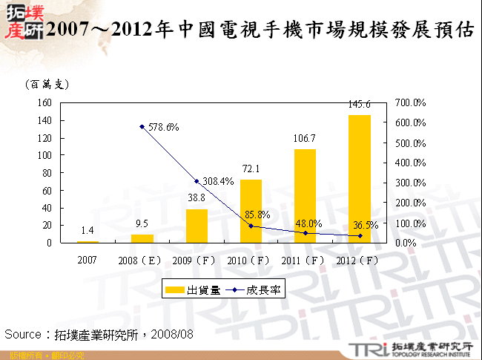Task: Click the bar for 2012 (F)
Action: [360, 179]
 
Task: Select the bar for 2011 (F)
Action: [305, 196]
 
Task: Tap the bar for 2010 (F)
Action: [251, 211]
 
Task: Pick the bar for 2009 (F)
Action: [197, 226]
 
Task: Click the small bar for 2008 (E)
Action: [142, 238]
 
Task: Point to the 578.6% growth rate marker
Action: [142, 127]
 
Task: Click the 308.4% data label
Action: [219, 181]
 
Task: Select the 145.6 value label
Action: [360, 105]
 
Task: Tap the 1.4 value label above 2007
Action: [87, 232]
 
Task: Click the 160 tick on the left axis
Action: [44, 102]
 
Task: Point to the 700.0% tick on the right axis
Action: [408, 102]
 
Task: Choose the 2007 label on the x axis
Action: [87, 261]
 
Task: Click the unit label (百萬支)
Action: [46, 85]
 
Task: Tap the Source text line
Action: [99, 335]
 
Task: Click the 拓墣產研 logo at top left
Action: [21, 22]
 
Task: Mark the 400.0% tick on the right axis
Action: [408, 163]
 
